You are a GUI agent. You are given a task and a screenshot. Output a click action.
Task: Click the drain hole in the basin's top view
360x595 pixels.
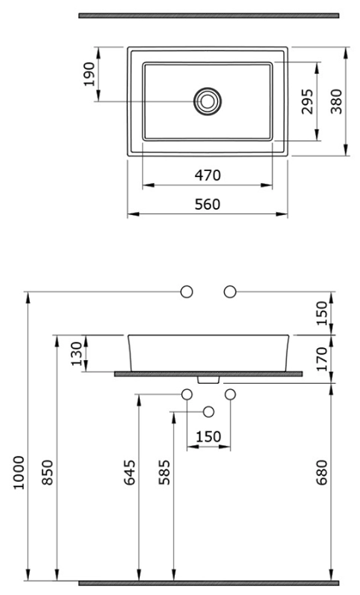coord(207,101)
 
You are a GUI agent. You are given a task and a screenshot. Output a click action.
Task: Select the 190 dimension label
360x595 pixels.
coord(89,74)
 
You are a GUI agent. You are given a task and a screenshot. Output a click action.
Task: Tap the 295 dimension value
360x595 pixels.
coord(307,101)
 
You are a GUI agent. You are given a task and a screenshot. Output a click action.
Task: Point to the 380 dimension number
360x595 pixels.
coord(336,101)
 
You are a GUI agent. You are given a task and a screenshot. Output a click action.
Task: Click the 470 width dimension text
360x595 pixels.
coord(208,176)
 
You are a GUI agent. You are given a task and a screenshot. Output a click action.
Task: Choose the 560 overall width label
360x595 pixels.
coord(208,205)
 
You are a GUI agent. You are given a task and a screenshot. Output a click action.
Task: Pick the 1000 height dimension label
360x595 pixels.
coord(19,473)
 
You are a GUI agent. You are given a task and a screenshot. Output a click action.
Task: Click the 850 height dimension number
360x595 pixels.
coord(48,472)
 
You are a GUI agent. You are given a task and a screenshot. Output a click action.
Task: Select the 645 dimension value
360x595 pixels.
coord(129,472)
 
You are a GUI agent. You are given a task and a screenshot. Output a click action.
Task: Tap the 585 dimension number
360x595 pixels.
coord(164,472)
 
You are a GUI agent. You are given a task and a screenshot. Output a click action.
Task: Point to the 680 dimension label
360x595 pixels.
coord(321,472)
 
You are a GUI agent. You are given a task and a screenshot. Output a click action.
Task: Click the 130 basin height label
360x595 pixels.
coord(77,354)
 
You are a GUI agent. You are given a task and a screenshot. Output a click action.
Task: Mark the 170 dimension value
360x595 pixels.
coord(321,358)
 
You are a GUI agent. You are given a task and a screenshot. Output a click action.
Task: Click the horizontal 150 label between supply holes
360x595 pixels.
coord(208,437)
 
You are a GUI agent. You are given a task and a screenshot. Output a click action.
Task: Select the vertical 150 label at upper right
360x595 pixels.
coord(321,313)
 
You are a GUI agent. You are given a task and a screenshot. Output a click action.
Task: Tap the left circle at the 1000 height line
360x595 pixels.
coord(186,292)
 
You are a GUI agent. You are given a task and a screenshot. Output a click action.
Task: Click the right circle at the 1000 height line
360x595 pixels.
coord(230,292)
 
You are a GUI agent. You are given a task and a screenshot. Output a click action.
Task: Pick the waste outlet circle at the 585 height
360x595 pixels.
coord(209,412)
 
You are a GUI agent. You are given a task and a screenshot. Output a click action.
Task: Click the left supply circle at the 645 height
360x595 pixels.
coord(187,395)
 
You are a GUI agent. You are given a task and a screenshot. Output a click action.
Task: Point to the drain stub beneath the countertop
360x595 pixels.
coord(209,379)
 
